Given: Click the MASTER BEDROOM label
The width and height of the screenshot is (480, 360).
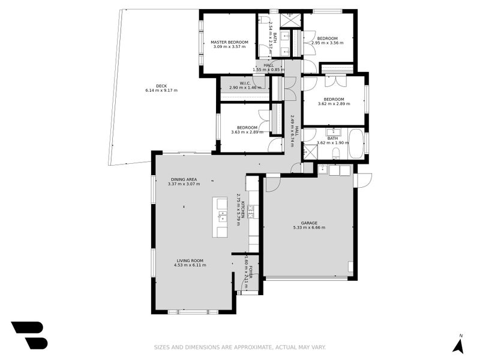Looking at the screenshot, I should click(229, 42).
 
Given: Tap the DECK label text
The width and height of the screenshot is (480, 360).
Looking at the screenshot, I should click(161, 86).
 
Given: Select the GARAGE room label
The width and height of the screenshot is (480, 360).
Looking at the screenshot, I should click(309, 223).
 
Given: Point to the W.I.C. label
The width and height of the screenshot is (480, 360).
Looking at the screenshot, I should click(245, 83).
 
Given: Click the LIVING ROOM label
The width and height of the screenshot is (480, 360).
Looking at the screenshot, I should click(190, 260).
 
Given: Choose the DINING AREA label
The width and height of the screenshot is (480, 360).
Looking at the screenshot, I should click(184, 179).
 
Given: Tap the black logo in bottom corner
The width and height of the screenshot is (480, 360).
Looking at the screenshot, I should click(28, 335).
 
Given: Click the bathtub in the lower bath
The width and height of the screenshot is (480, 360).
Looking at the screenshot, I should click(356, 144).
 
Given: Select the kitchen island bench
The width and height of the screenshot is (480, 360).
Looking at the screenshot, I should click(222, 217).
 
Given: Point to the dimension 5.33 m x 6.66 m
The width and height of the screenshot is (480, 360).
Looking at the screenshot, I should click(309, 228).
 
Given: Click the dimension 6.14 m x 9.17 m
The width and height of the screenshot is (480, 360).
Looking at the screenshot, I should click(161, 91).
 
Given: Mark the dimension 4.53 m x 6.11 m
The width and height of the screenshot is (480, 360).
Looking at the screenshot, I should click(190, 265).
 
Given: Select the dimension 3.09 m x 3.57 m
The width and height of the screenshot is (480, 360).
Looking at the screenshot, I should click(229, 47).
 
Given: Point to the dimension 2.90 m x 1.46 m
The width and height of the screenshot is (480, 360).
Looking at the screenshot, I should click(245, 88).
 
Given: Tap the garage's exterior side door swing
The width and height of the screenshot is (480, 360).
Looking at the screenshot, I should click(364, 179).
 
